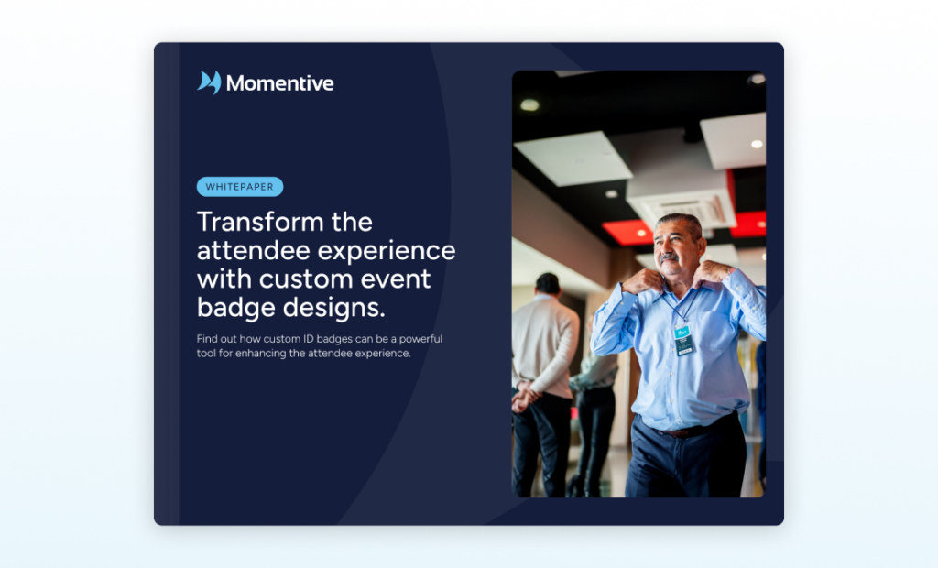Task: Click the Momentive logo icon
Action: click(x=209, y=82)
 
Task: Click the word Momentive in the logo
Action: click(x=280, y=83)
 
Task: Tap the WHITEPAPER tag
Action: click(x=240, y=187)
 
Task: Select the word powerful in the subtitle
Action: click(x=420, y=339)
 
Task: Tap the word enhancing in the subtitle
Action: click(x=261, y=354)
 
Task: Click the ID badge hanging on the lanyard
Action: click(x=683, y=339)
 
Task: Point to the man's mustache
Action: click(x=669, y=257)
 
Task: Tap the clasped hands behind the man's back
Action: click(x=525, y=396)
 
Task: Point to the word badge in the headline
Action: click(x=235, y=309)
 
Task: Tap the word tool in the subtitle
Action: click(x=206, y=353)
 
